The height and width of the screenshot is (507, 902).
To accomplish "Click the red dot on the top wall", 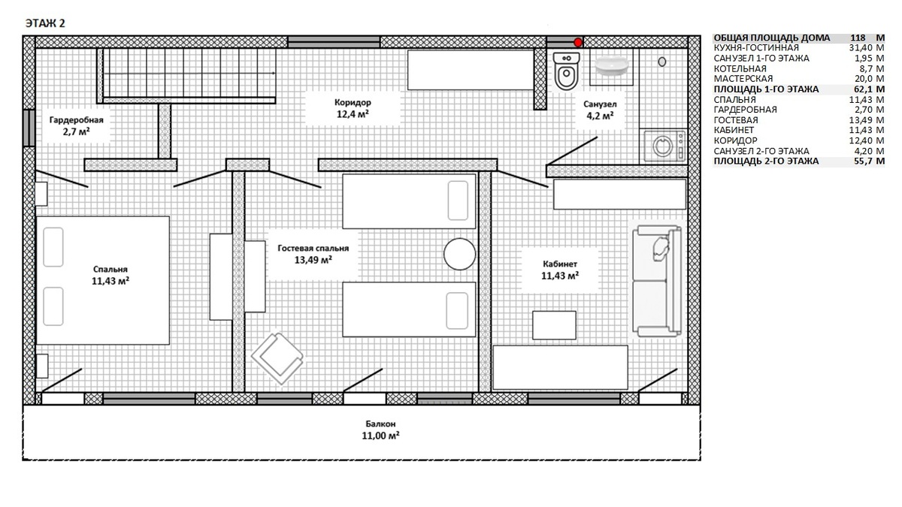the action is pos(578,42).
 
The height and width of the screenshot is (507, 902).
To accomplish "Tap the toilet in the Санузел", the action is pos(567,71).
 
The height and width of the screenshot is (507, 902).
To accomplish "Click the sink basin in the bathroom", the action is pos(611,66).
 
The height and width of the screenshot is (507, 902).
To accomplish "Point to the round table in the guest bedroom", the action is pos(459,254).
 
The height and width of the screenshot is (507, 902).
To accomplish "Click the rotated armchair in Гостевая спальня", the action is pos(277,358).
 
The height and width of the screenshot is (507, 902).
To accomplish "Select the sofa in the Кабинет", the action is pos(657,281).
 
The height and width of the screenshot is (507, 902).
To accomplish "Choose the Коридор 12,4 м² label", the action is pos(353,108).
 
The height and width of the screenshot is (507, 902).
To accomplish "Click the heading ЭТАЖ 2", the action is pos(45,23).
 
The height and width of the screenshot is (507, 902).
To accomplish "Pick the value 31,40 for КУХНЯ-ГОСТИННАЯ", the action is pos(860,48).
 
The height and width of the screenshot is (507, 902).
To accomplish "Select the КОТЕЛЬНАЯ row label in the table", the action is pos(740,68).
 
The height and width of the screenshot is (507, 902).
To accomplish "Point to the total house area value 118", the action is pos(858,38).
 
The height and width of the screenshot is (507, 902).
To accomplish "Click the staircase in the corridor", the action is pos(186,76).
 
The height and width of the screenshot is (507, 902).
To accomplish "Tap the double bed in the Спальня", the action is pos(103,280).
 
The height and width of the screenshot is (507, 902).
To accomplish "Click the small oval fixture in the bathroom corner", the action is pos(662,62).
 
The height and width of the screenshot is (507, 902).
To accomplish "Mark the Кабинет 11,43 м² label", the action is pos(560,270).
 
